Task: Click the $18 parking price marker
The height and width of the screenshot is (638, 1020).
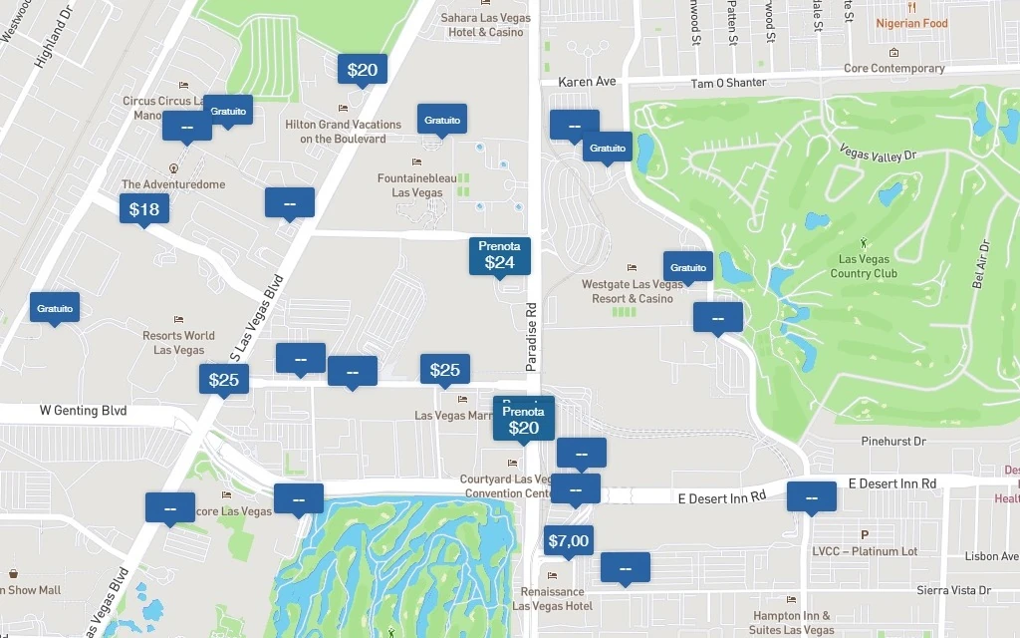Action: pos(144,209)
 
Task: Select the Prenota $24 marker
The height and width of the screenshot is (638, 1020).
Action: pos(499,255)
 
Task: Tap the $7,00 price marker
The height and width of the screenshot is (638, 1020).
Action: pos(569,541)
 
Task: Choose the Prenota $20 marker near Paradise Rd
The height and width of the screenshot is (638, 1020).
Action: pos(523,421)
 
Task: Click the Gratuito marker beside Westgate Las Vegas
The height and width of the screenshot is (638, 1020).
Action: pos(688,267)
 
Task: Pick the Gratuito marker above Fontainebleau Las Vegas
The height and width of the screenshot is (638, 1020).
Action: pos(442,120)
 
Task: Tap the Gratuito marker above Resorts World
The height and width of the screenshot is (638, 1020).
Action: pos(55,308)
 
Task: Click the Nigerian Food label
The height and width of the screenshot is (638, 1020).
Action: pos(911,23)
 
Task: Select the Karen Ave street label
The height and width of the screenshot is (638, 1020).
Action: pos(587,82)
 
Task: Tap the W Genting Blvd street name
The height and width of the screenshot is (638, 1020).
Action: pos(83,410)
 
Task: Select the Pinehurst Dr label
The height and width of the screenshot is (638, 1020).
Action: pos(892,441)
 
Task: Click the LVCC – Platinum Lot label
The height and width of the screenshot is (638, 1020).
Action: pos(864,551)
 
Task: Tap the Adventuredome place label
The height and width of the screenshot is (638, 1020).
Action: pos(173,184)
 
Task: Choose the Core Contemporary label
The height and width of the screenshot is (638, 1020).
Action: pos(893,68)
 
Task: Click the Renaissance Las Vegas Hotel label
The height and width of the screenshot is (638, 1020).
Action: pos(552,598)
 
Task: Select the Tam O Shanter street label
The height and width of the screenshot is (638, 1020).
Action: pos(728,83)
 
